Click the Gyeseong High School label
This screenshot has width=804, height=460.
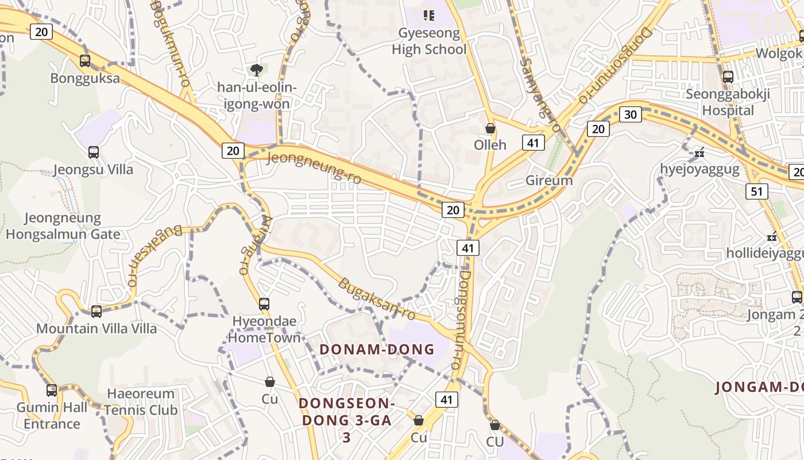[429, 41]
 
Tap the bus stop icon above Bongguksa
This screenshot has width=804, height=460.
[85, 60]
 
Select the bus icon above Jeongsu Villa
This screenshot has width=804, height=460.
[94, 152]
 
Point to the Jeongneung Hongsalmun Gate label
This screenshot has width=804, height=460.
[63, 226]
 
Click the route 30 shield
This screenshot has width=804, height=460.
[630, 114]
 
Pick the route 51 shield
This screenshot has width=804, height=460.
[756, 191]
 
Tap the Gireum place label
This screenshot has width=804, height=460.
[549, 181]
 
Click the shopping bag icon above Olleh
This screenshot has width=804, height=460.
[490, 128]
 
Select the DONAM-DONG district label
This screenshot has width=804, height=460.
[377, 349]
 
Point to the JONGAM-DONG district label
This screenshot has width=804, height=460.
[759, 387]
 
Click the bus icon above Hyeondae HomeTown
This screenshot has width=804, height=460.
[264, 304]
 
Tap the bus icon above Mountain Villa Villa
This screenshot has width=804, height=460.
[96, 312]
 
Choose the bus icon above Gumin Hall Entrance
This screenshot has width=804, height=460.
[52, 390]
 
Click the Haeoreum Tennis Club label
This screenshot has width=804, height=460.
[141, 402]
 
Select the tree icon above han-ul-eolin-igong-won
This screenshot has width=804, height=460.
[257, 70]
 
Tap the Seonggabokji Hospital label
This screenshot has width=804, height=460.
[728, 102]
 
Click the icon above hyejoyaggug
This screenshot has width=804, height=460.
[699, 153]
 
